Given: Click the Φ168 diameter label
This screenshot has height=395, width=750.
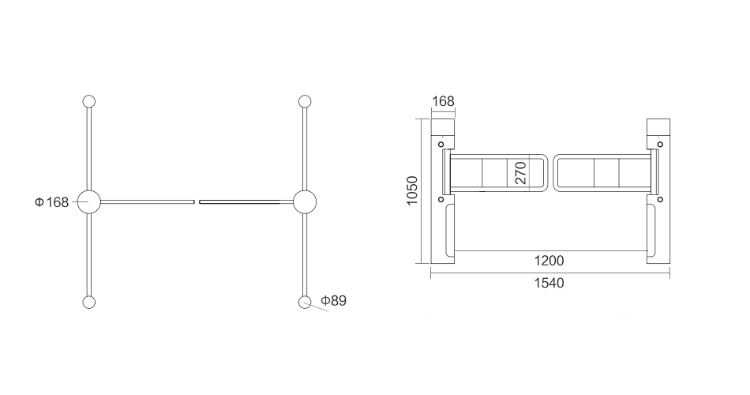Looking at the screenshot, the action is [x=51, y=202].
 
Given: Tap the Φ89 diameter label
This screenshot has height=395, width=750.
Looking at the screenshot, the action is [x=333, y=301].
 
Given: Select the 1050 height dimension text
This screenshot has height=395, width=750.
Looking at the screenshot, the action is [x=412, y=190].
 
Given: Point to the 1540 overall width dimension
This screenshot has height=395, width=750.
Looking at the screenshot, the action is [x=549, y=283].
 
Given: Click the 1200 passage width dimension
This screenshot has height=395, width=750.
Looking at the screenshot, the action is [x=549, y=261].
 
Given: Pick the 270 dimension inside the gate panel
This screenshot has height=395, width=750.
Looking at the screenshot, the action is [x=521, y=173].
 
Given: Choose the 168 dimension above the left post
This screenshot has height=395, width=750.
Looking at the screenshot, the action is [x=443, y=101].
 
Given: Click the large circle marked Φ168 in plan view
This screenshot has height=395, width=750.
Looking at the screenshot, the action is [x=89, y=202].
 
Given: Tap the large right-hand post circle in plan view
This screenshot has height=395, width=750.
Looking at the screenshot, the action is [x=305, y=202].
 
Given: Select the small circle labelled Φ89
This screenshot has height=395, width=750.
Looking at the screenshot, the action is [x=305, y=303].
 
